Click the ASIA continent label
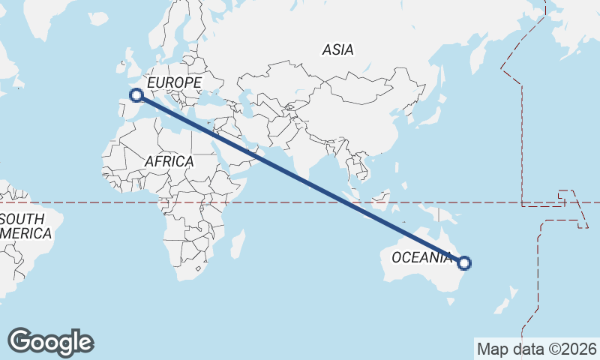pyautogui.click(x=337, y=50)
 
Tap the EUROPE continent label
pyautogui.click(x=174, y=82)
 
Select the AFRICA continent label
pyautogui.click(x=169, y=161)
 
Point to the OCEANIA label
pyautogui.click(x=421, y=258)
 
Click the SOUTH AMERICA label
pyautogui.click(x=26, y=226)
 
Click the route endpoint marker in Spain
pyautogui.click(x=136, y=94)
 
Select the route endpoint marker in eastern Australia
pyautogui.click(x=464, y=262)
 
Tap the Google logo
pyautogui.click(x=51, y=342)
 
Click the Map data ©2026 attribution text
pyautogui.click(x=536, y=349)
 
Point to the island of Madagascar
pyautogui.click(x=238, y=244)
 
